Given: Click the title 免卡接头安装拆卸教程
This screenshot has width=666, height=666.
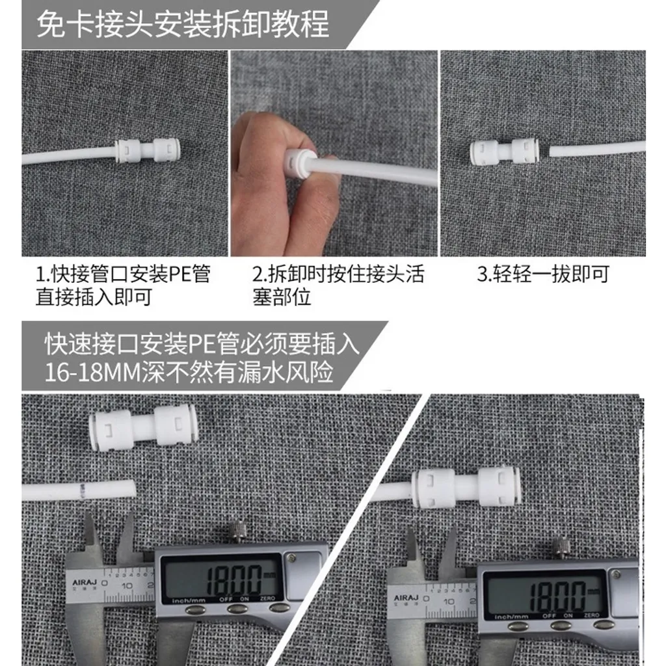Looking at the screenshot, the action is pyautogui.click(x=183, y=25).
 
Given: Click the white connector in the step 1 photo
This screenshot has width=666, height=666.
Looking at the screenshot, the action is pyautogui.click(x=147, y=150).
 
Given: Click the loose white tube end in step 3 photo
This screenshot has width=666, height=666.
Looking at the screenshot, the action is pyautogui.click(x=597, y=149).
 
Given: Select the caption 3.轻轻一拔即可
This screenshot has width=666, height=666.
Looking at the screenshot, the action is pyautogui.click(x=543, y=274).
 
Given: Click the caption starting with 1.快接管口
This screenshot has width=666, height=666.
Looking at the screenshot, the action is pyautogui.click(x=123, y=286).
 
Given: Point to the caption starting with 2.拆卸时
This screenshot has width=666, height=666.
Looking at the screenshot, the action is pyautogui.click(x=338, y=286).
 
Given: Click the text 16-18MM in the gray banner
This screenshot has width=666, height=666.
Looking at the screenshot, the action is pyautogui.click(x=92, y=373).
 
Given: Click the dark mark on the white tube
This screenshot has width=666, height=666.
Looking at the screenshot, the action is pyautogui.click(x=84, y=490).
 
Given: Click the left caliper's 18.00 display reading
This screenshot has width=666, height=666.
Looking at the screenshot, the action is pyautogui.click(x=234, y=579).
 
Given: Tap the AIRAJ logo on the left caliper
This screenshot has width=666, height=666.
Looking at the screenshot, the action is pyautogui.click(x=85, y=582).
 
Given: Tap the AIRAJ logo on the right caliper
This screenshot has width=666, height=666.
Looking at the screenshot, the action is pyautogui.click(x=406, y=598).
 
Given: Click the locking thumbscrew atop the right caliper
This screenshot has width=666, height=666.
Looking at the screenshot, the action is pyautogui.click(x=561, y=548).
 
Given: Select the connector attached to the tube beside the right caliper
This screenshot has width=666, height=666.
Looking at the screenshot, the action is pyautogui.click(x=466, y=488).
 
